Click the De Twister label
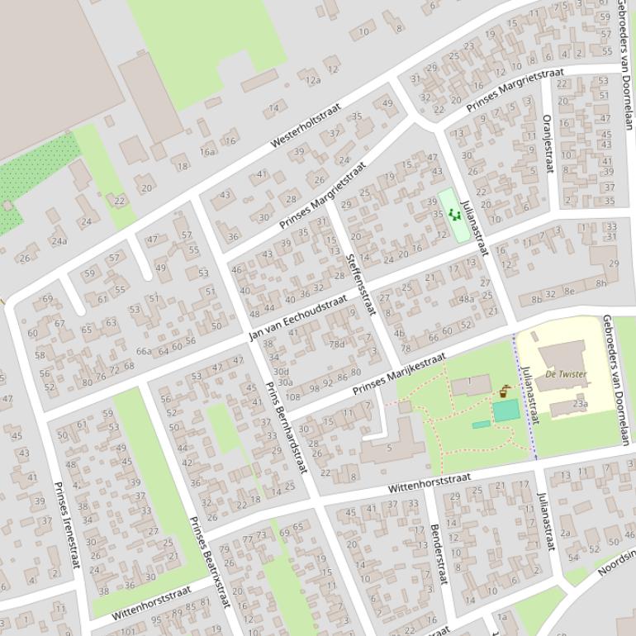coord(566,374)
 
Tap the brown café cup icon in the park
coord(504,392)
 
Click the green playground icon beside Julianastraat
coord(453,215)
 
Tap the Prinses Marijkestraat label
coord(399,373)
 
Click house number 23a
coord(580,404)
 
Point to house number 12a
coord(313,80)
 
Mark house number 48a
coord(467,299)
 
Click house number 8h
coord(601,283)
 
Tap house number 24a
coord(59,241)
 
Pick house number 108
coord(292,387)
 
